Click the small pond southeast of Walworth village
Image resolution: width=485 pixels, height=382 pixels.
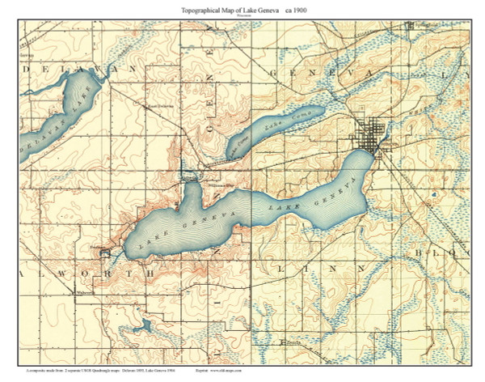[145, 326]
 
